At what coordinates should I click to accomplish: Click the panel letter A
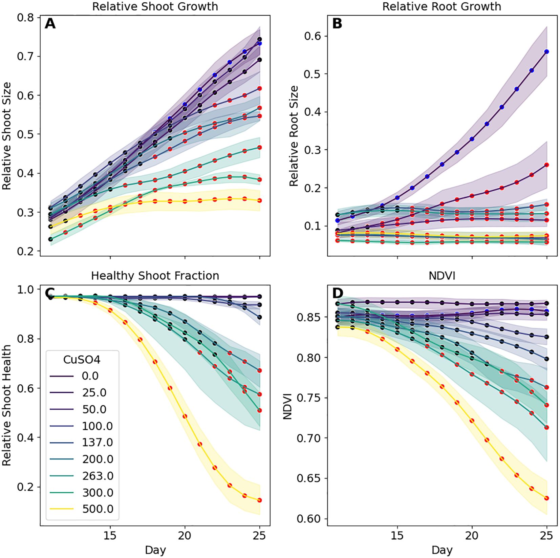(x=50, y=24)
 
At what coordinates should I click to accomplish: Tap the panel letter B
(x=337, y=24)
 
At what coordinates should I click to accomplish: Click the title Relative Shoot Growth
(x=155, y=6)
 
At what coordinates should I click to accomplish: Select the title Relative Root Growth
(x=441, y=6)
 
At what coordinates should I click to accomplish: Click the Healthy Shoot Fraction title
(x=155, y=276)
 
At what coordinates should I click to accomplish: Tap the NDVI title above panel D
(x=442, y=276)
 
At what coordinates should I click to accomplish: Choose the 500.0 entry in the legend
(x=98, y=509)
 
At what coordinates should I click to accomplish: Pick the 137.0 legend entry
(x=98, y=442)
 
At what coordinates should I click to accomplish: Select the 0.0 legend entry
(x=90, y=376)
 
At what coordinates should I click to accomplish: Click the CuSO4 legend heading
(x=82, y=360)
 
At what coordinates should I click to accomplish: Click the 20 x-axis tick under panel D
(x=472, y=535)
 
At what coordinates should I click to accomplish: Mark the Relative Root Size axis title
(x=294, y=135)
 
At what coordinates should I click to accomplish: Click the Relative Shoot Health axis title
(x=7, y=405)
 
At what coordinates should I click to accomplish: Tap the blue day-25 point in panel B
(x=546, y=52)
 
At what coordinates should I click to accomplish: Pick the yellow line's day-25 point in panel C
(x=260, y=500)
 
